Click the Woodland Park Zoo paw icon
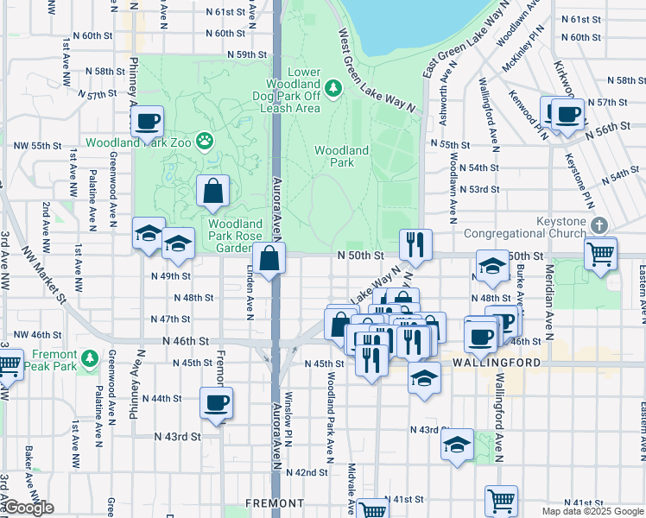pos(205,140)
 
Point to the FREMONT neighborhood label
pos(275,502)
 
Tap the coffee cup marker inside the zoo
pos(148,121)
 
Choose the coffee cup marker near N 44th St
pos(216,402)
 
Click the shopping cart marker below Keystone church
pos(601,255)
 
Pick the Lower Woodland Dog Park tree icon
pos(332,89)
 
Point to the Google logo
pos(28,508)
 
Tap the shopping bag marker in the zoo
pos(212,191)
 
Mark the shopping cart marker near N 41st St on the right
pos(501,500)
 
